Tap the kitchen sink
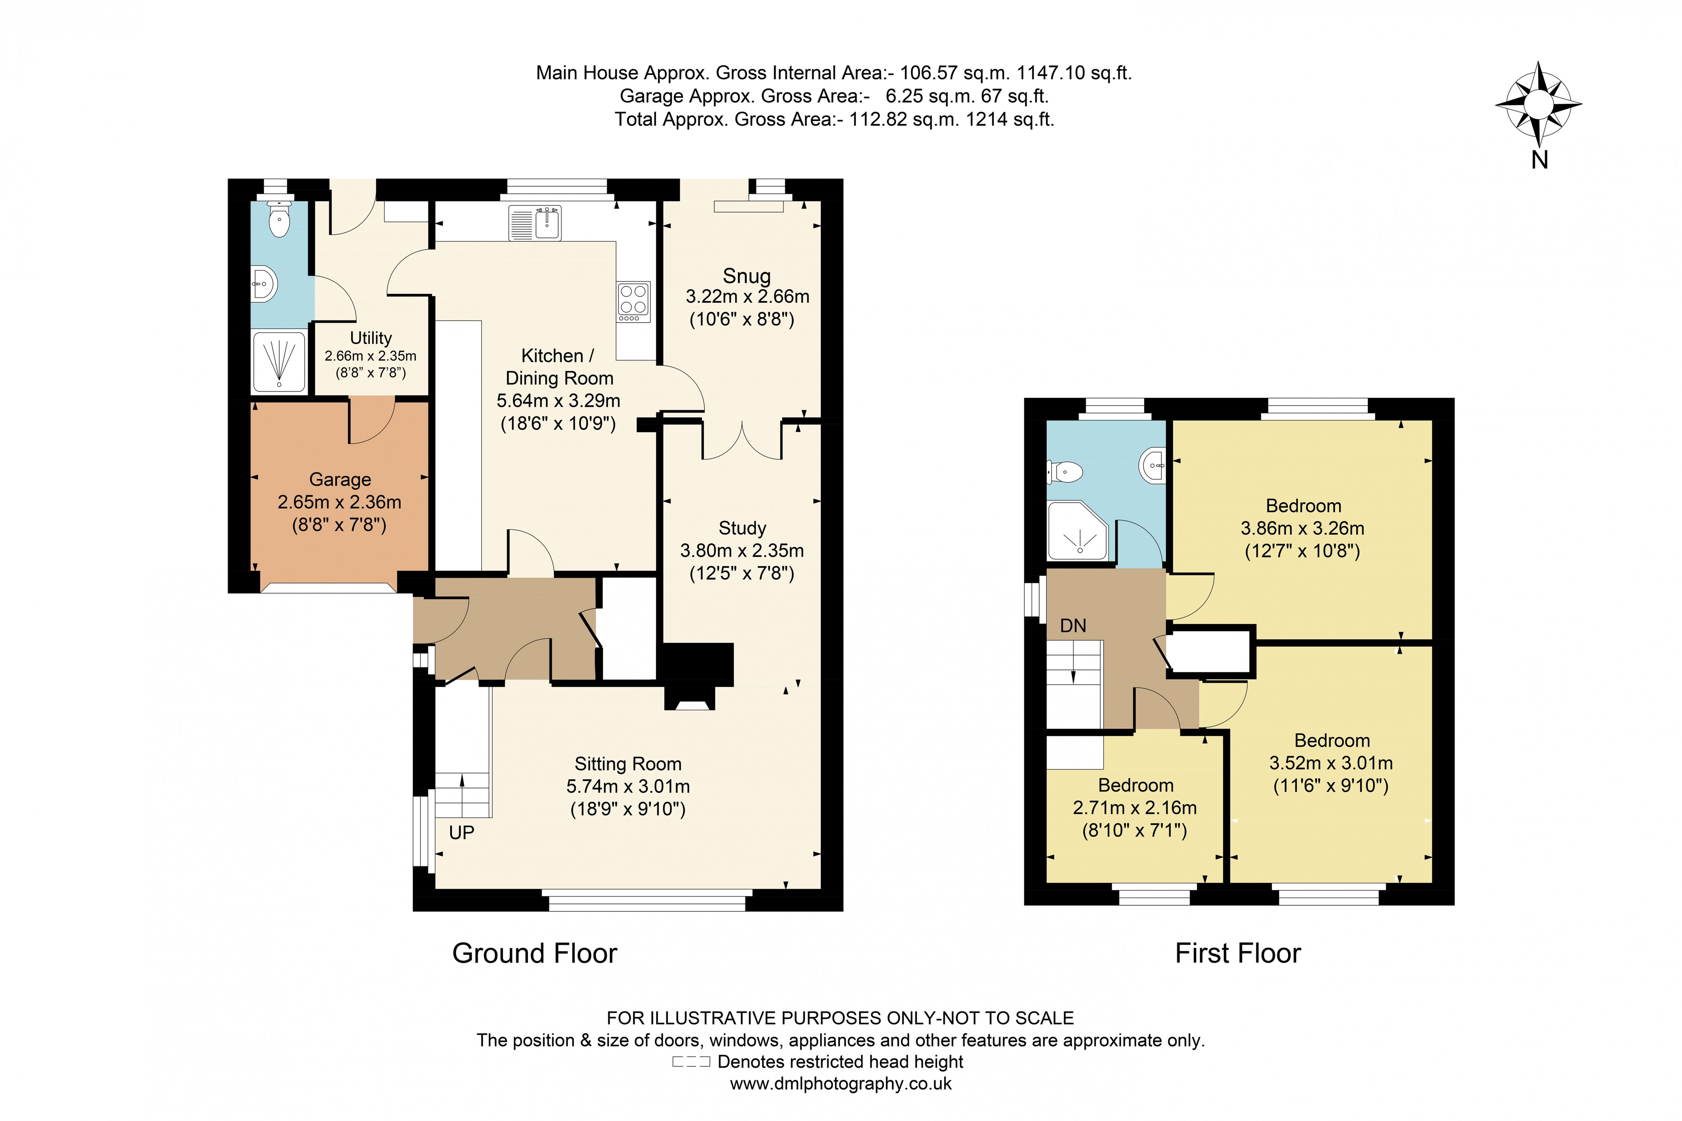(535, 222)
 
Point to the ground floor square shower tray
(279, 360)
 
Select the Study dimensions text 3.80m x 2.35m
(742, 550)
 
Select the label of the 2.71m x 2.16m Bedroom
(1135, 785)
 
